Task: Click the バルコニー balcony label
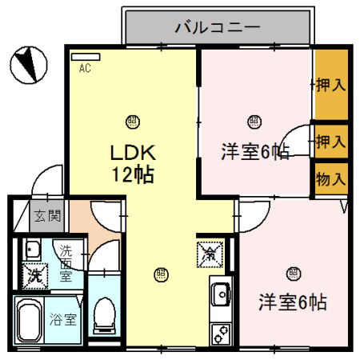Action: point(217,29)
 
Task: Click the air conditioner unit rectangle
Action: point(85,57)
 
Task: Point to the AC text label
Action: point(85,69)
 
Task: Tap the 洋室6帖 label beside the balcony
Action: point(254,152)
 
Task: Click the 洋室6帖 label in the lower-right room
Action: point(292,302)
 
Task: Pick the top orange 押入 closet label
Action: point(330,82)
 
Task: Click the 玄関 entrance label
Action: point(47,214)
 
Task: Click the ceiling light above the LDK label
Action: point(130,122)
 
